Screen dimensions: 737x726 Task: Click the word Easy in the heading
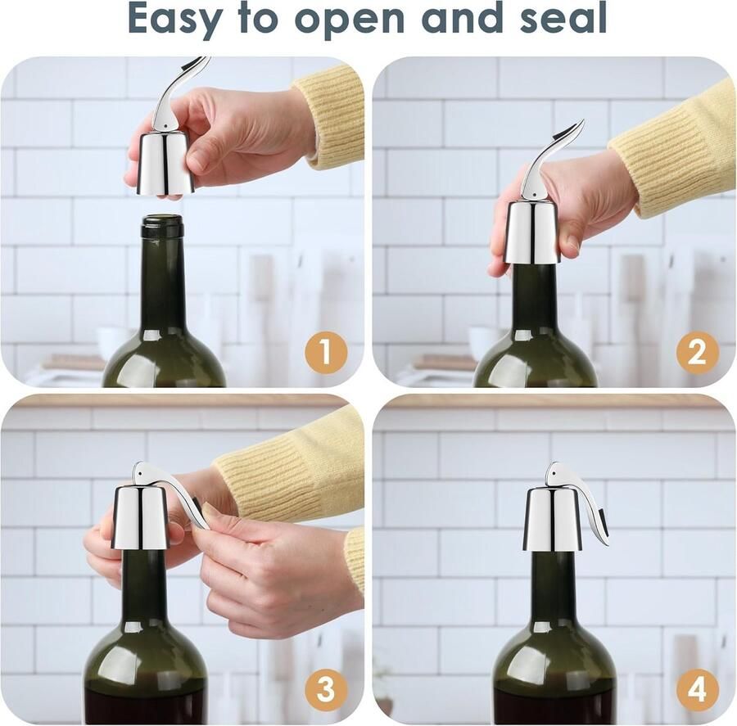tap(174, 19)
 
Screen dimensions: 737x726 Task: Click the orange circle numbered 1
tap(326, 353)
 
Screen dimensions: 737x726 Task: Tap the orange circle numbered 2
tap(698, 353)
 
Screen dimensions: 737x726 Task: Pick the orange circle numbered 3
tap(326, 690)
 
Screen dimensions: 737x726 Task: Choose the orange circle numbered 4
tap(698, 690)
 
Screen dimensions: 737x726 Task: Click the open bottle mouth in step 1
tap(162, 219)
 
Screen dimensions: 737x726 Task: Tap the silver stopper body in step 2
tap(531, 232)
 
